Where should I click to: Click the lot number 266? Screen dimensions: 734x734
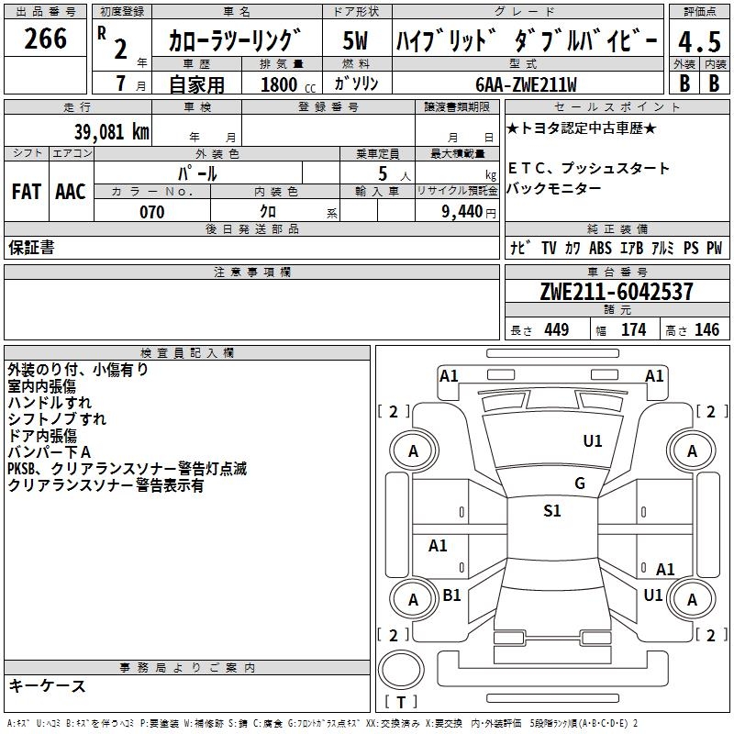click(x=45, y=39)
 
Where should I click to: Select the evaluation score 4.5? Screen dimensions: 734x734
click(x=698, y=42)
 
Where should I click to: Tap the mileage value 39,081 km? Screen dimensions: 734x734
click(x=111, y=131)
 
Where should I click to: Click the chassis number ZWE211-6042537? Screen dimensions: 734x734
click(x=616, y=292)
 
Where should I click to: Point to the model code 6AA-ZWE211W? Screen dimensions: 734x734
click(x=526, y=84)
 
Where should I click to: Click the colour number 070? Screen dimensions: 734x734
click(x=151, y=212)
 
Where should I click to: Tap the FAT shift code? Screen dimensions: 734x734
click(x=26, y=191)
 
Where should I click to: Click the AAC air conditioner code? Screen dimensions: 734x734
click(x=70, y=191)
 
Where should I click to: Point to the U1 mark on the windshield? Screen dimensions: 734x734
click(x=593, y=441)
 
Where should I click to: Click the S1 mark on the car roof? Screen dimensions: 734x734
click(x=551, y=511)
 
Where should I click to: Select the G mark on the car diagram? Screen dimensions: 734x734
click(x=579, y=484)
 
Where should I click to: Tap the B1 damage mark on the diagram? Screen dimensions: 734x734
click(x=451, y=595)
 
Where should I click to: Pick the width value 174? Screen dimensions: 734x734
click(x=633, y=330)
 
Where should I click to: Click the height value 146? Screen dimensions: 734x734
click(x=706, y=330)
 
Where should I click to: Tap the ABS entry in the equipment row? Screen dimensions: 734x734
click(x=600, y=248)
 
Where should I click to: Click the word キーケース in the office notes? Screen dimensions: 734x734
click(x=47, y=685)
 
